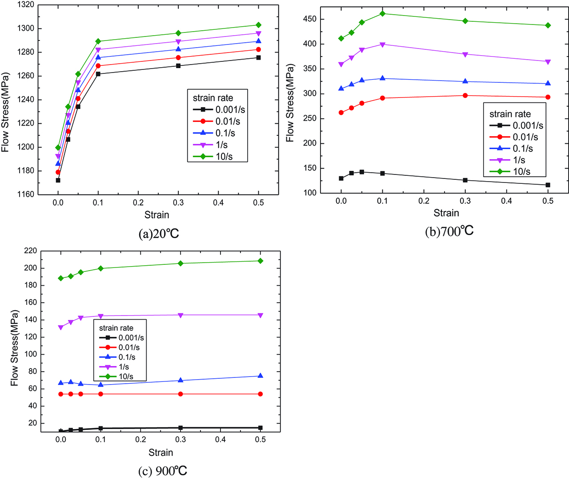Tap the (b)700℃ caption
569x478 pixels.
coord(449,231)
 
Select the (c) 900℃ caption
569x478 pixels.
coord(163,471)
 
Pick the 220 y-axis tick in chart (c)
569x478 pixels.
coord(30,251)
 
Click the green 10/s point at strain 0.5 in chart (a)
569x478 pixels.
coord(258,25)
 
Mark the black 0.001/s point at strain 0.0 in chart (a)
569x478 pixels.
coord(58,180)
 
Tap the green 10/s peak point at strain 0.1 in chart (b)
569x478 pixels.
coord(382,13)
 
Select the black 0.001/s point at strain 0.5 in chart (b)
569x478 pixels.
coord(548,185)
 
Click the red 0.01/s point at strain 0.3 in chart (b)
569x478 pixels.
coord(465,96)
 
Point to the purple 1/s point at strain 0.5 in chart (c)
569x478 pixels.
coord(260,315)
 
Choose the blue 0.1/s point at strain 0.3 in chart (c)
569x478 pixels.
coord(180,381)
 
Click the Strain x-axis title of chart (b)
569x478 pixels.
coord(446,213)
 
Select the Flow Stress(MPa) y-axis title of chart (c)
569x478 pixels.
coord(15,348)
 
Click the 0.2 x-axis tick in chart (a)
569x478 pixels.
coord(138,203)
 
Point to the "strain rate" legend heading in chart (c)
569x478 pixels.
coord(116,328)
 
